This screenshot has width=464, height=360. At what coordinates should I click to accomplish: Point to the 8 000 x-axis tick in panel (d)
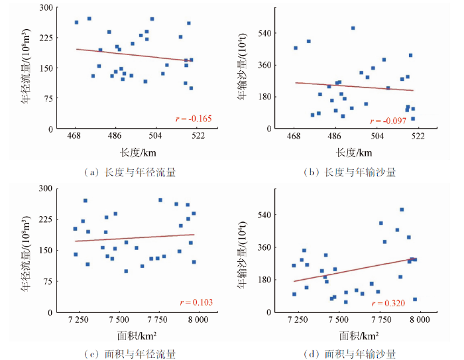(x=417, y=320)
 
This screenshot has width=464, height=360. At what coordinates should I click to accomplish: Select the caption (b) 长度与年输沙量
(x=349, y=172)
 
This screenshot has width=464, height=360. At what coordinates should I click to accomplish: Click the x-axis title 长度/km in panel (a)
(x=131, y=152)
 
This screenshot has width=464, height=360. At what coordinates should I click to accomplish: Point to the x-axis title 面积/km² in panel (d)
(x=357, y=335)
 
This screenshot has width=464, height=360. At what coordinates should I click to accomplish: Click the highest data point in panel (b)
(x=353, y=28)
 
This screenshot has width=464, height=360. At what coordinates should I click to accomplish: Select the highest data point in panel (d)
(x=402, y=210)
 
